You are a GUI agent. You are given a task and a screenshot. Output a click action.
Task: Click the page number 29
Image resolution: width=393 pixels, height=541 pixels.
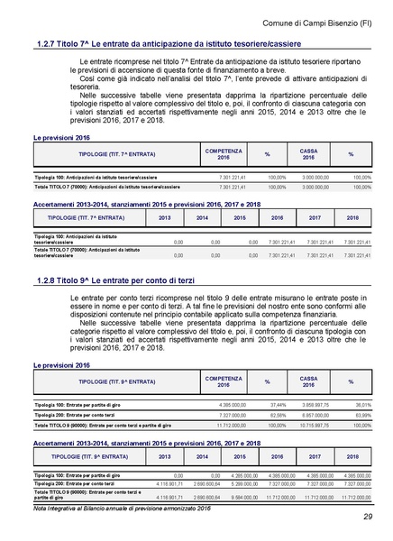pos(368,516)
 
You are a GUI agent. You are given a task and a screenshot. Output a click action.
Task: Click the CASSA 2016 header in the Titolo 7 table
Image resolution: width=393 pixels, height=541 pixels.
pos(308,154)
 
